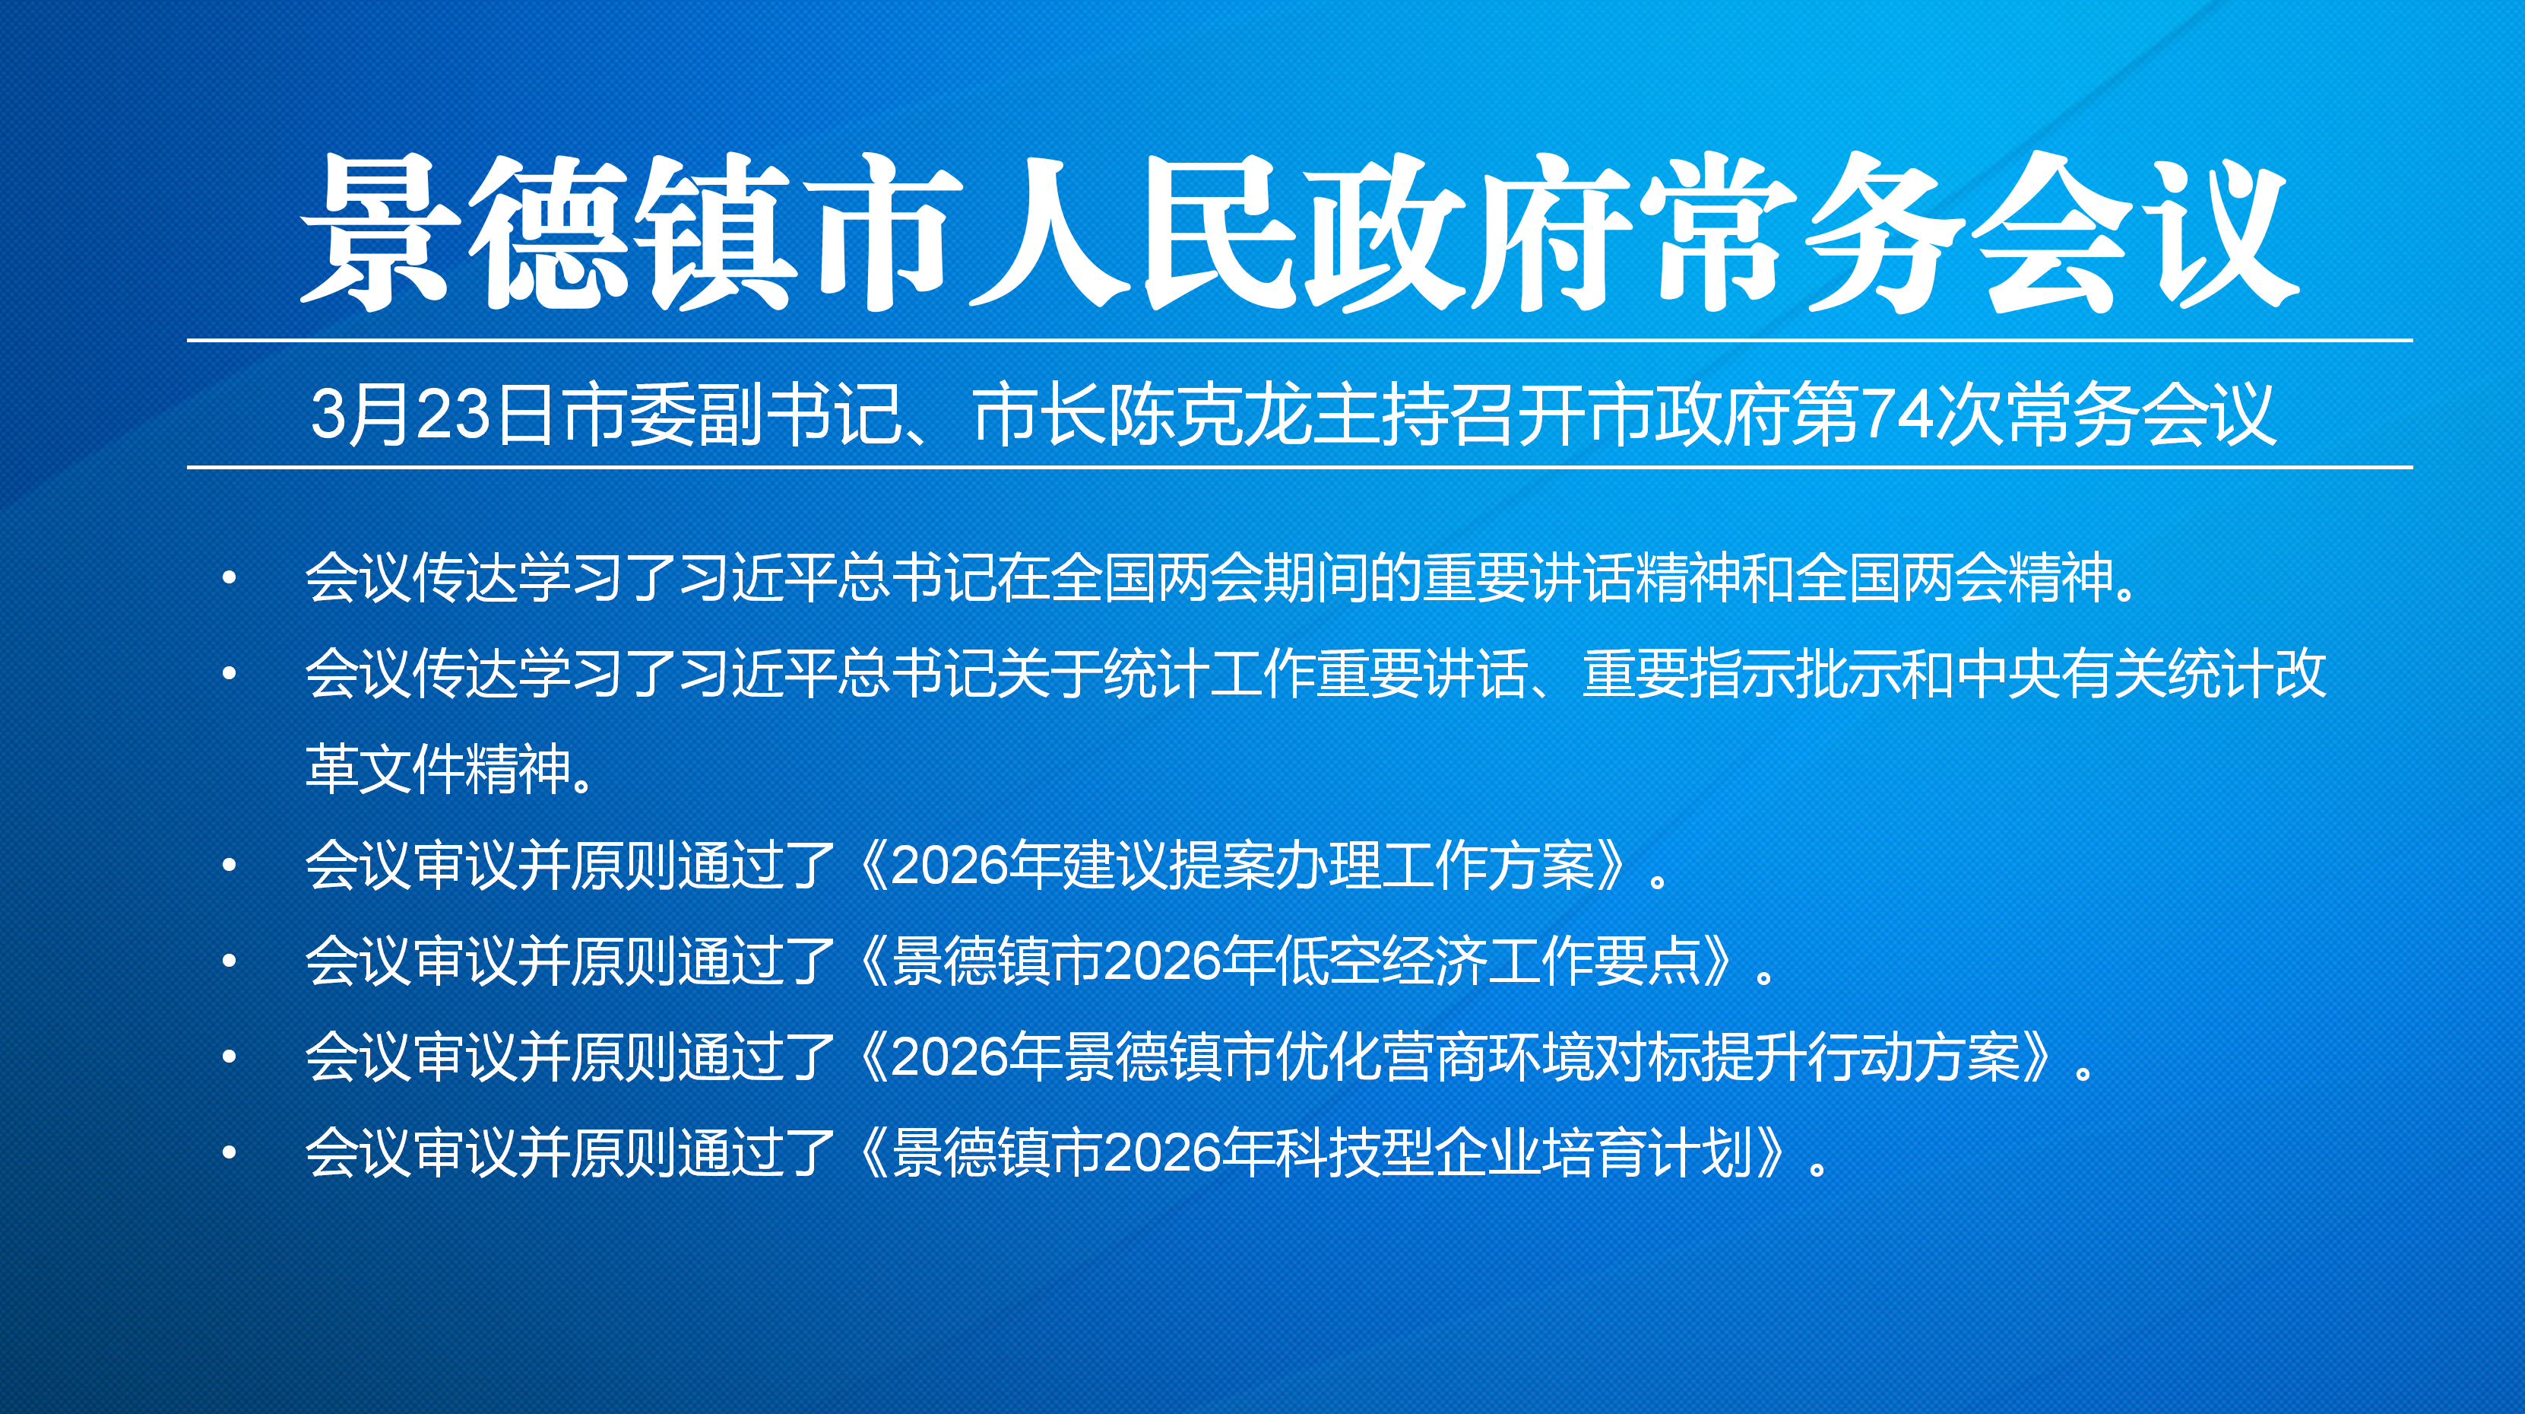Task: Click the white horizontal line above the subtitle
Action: [x=1300, y=340]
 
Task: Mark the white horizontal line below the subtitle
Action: [x=1300, y=467]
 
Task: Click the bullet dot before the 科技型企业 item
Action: [x=230, y=1152]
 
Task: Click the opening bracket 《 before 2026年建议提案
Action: [x=866, y=865]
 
